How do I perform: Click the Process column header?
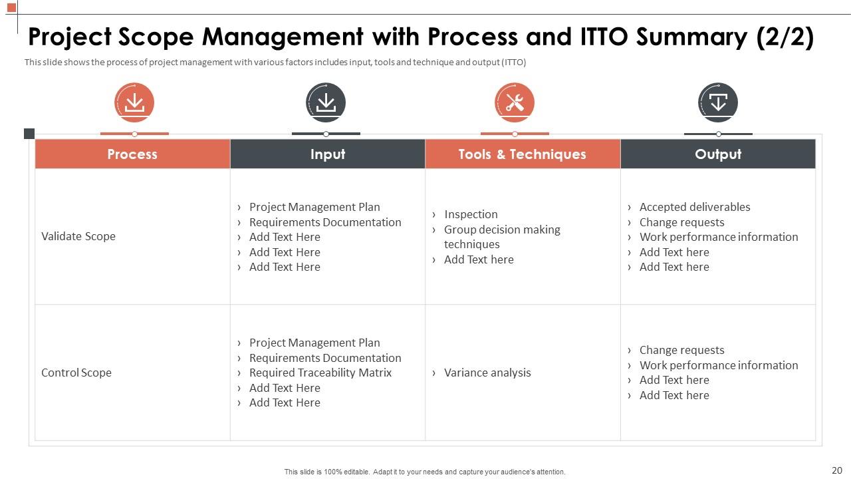click(132, 154)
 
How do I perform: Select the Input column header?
click(327, 154)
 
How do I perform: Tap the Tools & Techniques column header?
click(522, 154)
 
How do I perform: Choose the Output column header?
click(717, 154)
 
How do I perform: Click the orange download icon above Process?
click(134, 102)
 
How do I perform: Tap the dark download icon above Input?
click(326, 102)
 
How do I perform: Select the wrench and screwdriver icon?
click(515, 102)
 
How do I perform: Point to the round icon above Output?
click(718, 102)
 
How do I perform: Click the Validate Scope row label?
click(78, 236)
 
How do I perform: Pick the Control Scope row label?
click(76, 373)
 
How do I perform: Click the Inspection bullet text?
click(471, 214)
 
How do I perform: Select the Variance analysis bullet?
click(487, 373)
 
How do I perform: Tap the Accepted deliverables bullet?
click(694, 207)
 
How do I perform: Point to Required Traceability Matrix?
click(320, 373)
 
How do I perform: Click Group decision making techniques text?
click(502, 237)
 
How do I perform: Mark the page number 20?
click(836, 470)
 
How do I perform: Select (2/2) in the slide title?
click(785, 37)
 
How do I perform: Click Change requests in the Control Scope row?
click(681, 350)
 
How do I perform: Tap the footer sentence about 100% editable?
click(425, 472)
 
